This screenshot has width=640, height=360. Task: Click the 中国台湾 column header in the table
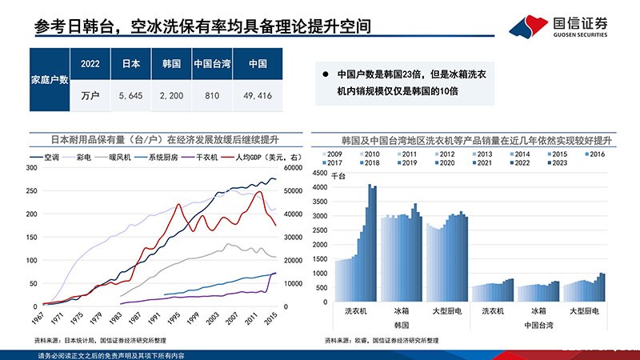pos(212,63)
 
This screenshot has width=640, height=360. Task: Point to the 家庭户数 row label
pos(48,79)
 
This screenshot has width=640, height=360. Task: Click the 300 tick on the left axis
pos(31,168)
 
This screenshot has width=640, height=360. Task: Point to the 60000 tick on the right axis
pos(290,168)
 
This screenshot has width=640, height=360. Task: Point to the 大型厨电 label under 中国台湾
pos(586,310)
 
